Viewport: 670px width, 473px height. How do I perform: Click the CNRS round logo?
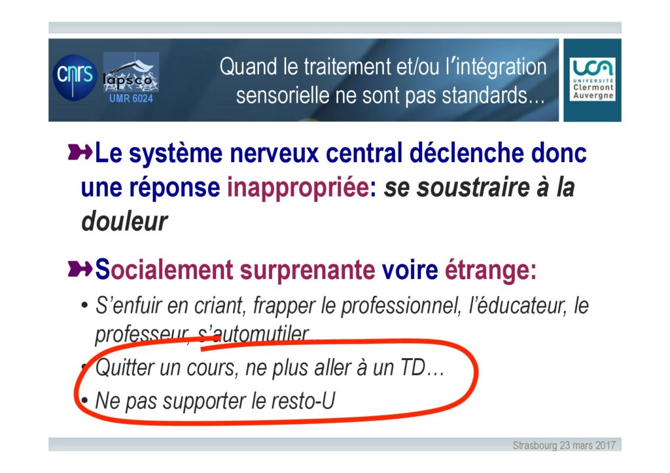pos(75,77)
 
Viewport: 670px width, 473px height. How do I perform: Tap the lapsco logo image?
pos(131,72)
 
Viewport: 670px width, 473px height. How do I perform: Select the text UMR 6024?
pos(131,99)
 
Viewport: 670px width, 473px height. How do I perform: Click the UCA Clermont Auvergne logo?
pos(592,79)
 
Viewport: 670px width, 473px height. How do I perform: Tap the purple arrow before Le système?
pos(80,152)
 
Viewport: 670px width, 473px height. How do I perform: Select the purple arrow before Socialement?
pos(80,269)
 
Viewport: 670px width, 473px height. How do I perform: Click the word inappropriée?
pos(298,188)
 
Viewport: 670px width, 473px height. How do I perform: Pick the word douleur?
pos(124,221)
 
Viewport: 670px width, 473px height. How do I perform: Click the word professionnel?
pos(399,306)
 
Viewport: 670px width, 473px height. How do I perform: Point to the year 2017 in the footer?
pos(605,446)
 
